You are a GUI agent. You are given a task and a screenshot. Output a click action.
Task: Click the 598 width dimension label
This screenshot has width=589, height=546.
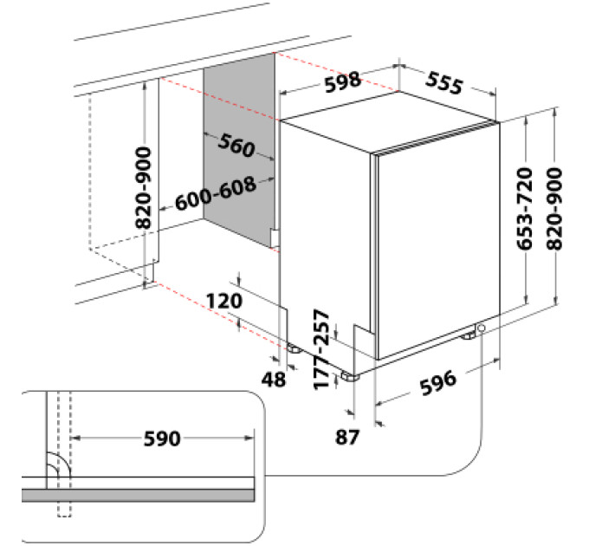(x=343, y=81)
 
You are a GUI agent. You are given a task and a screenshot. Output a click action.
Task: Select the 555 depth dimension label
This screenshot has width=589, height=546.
(x=444, y=83)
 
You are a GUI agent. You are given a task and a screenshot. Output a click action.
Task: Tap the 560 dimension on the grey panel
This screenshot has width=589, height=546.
(x=236, y=145)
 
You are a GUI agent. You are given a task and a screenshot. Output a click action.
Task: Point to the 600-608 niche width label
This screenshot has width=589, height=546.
(x=216, y=194)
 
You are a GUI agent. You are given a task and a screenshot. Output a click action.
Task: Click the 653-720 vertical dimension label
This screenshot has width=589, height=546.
(x=525, y=209)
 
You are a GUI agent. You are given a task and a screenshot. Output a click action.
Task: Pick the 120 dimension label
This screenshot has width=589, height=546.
(x=224, y=302)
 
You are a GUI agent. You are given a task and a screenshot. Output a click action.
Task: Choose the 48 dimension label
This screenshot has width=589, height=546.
(x=274, y=380)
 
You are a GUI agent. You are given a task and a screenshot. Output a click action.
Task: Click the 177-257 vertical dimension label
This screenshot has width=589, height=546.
(x=321, y=349)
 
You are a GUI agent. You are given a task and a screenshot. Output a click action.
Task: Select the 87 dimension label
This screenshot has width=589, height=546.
(x=347, y=437)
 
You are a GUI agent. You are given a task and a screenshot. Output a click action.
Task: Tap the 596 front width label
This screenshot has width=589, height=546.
(x=438, y=383)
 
